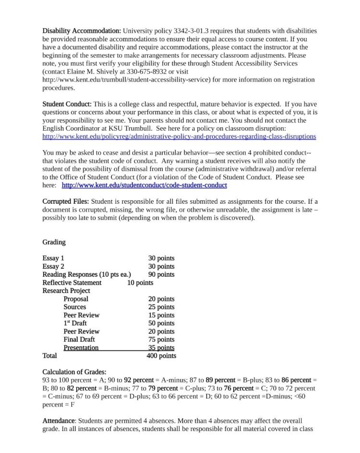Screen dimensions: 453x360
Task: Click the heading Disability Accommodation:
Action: pyautogui.click(x=82, y=31)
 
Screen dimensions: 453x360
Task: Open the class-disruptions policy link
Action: pyautogui.click(x=179, y=136)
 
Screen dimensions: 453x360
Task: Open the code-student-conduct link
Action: pyautogui.click(x=144, y=185)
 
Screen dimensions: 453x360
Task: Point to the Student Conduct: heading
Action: pyautogui.click(x=67, y=104)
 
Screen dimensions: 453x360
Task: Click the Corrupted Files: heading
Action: pyautogui.click(x=66, y=202)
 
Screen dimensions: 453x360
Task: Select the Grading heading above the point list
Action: pyautogui.click(x=54, y=242)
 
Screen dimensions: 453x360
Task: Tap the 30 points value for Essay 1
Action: pyautogui.click(x=161, y=258)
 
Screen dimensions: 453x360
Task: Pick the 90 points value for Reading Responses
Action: pyautogui.click(x=161, y=275)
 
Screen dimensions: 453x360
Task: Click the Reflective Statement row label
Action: pyautogui.click(x=72, y=283)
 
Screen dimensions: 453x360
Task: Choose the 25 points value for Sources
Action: pyautogui.click(x=161, y=307)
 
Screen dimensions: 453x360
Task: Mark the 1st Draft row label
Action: pyautogui.click(x=75, y=323)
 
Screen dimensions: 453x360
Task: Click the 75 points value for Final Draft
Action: pyautogui.click(x=161, y=340)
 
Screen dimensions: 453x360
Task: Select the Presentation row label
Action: pyautogui.click(x=81, y=348)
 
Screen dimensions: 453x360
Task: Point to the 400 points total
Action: pyautogui.click(x=161, y=356)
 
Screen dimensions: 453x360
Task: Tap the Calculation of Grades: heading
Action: pyautogui.click(x=74, y=372)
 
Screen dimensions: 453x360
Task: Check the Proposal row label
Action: pyautogui.click(x=76, y=299)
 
